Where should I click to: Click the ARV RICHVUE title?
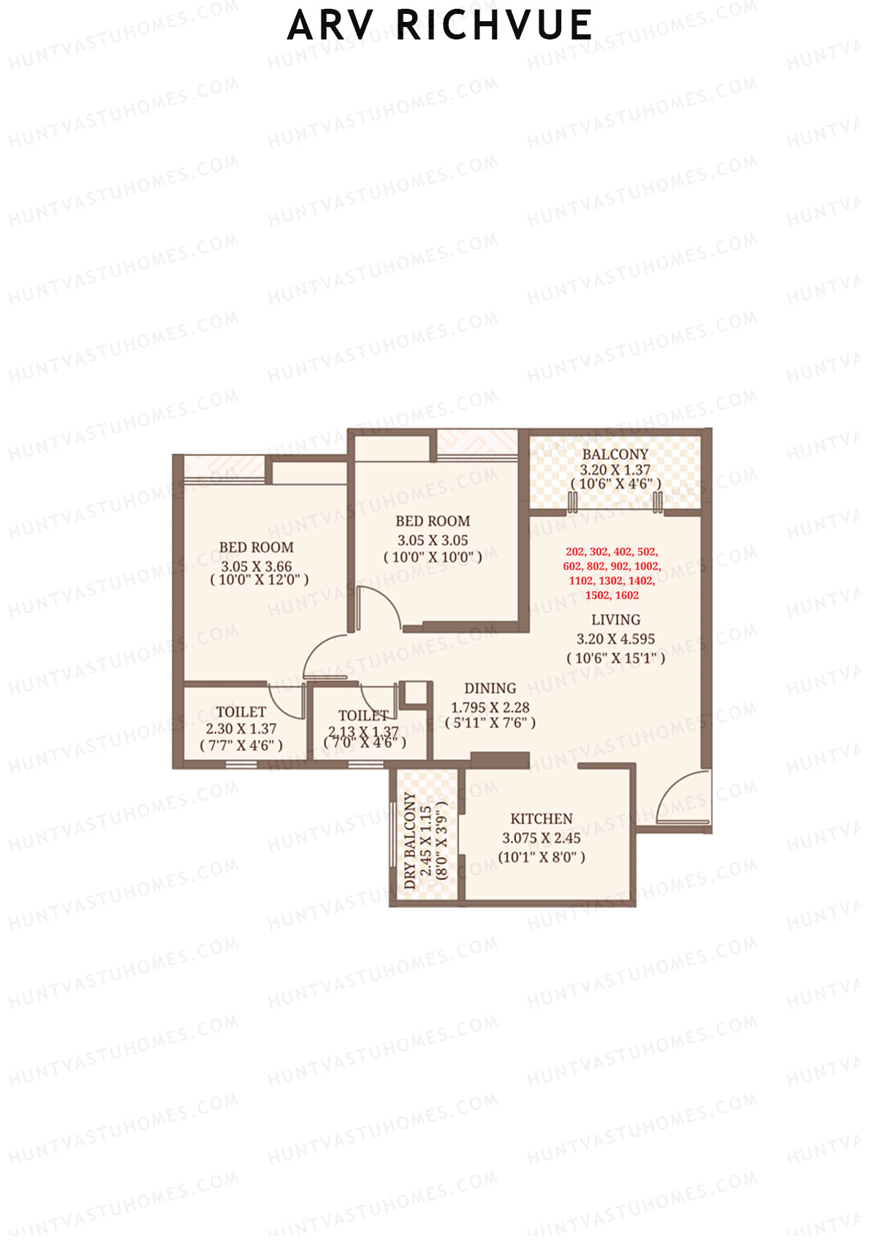[439, 26]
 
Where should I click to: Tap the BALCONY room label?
[615, 454]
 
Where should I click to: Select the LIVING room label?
[615, 620]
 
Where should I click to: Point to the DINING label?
[490, 688]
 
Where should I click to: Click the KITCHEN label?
[541, 818]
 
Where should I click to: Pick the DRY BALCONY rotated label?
[410, 841]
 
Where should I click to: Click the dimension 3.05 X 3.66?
[257, 566]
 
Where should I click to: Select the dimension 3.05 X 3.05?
[433, 540]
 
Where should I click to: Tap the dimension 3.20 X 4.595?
[615, 639]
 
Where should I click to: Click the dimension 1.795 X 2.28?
[490, 707]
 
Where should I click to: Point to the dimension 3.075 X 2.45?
[541, 838]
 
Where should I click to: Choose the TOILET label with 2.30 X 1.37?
[240, 712]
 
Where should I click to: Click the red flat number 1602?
[626, 595]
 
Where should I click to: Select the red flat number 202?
[575, 552]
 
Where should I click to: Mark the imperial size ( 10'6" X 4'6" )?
[615, 484]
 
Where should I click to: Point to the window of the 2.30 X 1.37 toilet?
[241, 765]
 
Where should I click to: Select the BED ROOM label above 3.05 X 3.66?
[257, 547]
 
